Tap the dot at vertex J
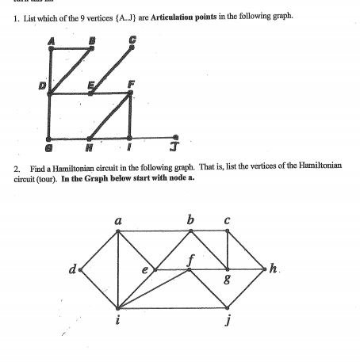tap(175, 135)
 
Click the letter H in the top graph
tap(90, 148)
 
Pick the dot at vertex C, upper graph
tap(132, 50)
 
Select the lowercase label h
tap(274, 270)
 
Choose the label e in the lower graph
tap(144, 270)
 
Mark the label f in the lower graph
tap(190, 258)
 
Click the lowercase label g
tap(228, 280)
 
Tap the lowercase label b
tap(189, 219)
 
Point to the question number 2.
tap(17, 169)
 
